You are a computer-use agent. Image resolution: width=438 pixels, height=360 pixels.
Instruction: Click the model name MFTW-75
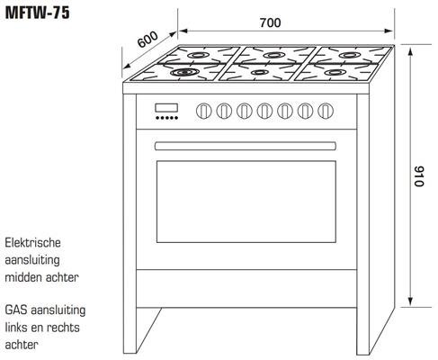pyautogui.click(x=38, y=13)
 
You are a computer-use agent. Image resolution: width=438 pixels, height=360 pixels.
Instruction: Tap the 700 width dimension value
pyautogui.click(x=270, y=22)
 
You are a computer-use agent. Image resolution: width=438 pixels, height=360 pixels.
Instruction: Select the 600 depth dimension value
pyautogui.click(x=147, y=39)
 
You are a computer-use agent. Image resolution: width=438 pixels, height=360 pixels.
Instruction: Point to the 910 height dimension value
pyautogui.click(x=419, y=175)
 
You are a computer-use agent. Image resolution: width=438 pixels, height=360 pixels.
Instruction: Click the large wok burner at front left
pyautogui.click(x=184, y=72)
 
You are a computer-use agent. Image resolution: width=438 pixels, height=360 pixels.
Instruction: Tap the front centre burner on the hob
pyautogui.click(x=260, y=72)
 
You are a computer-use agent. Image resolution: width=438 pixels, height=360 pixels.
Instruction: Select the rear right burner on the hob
pyautogui.click(x=349, y=55)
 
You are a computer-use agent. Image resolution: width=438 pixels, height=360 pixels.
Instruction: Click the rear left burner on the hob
pyautogui.click(x=197, y=55)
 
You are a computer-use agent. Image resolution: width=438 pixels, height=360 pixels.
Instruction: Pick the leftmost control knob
pyautogui.click(x=203, y=111)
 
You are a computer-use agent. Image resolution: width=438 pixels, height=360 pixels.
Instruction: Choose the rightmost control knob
pyautogui.click(x=326, y=111)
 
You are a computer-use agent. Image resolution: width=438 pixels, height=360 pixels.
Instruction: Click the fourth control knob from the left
pyautogui.click(x=264, y=111)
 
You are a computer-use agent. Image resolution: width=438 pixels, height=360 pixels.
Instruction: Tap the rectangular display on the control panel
pyautogui.click(x=166, y=108)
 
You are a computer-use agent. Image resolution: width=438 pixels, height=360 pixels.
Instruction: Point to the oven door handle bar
pyautogui.click(x=246, y=146)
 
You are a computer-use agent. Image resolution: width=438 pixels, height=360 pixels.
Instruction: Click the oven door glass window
pyautogui.click(x=246, y=202)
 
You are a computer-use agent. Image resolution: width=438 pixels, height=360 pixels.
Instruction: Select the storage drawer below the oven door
pyautogui.click(x=246, y=289)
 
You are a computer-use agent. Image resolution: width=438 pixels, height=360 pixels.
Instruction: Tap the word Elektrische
pyautogui.click(x=32, y=243)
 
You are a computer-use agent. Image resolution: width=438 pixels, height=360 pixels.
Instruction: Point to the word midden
pyautogui.click(x=23, y=277)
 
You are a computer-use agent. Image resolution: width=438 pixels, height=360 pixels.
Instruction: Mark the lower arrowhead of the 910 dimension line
pyautogui.click(x=411, y=301)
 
